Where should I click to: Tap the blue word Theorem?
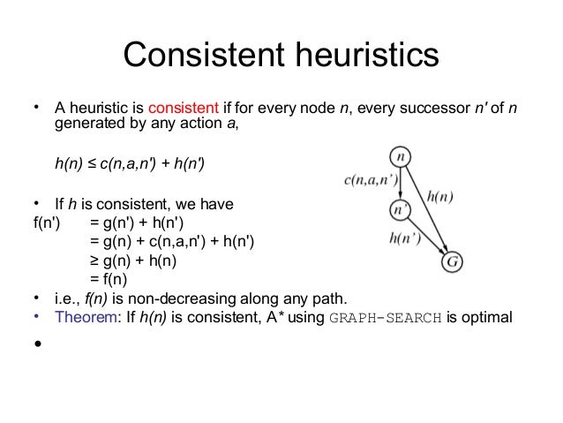click(86, 318)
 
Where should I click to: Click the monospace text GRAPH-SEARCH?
click(386, 319)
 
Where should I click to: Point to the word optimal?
click(484, 318)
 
